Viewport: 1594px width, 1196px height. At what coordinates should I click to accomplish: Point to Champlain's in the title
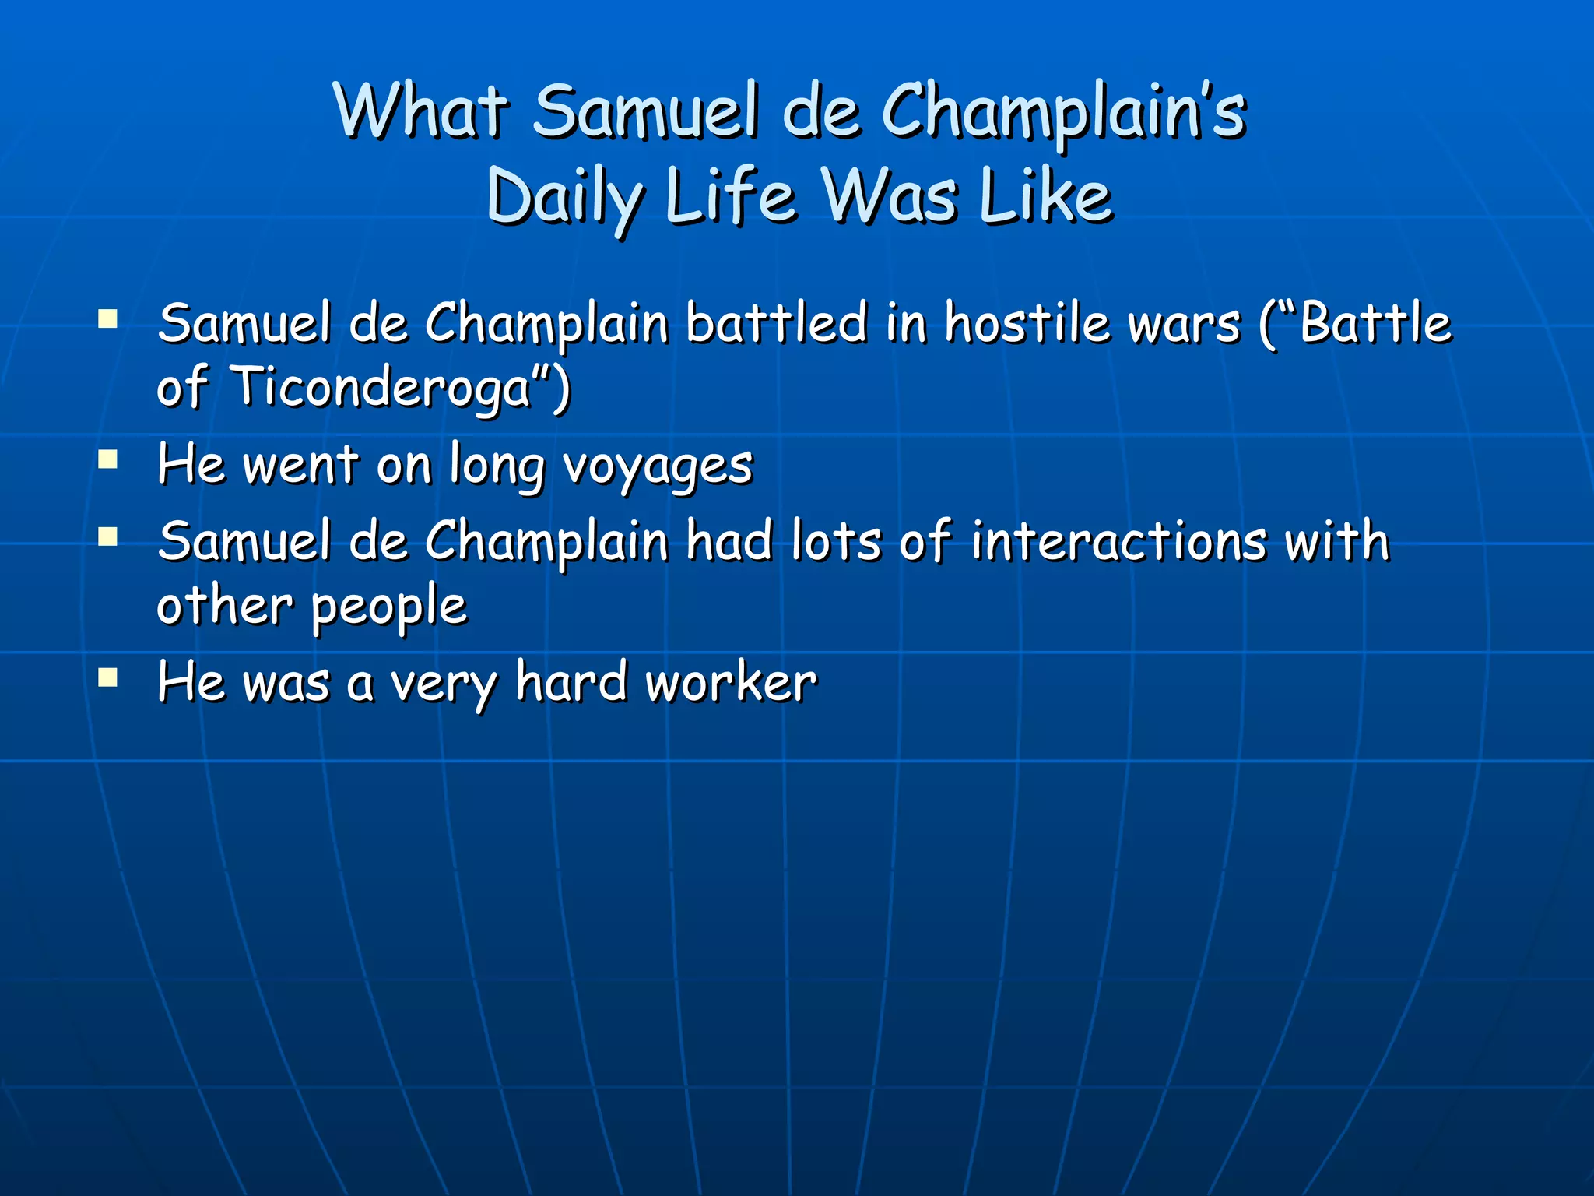[1063, 112]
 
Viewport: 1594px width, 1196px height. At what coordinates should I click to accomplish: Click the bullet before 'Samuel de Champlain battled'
[108, 318]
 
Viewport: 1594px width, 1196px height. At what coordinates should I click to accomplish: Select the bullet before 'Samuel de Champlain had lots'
[108, 536]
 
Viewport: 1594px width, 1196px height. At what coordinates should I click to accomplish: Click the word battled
[776, 322]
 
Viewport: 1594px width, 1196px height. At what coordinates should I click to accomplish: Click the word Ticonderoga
[381, 386]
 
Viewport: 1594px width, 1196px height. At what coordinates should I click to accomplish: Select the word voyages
[658, 466]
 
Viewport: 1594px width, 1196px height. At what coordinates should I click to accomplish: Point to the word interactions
[1119, 540]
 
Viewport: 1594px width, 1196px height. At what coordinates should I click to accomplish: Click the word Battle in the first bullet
[1374, 322]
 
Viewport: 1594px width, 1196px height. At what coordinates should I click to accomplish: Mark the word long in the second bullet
[497, 466]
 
